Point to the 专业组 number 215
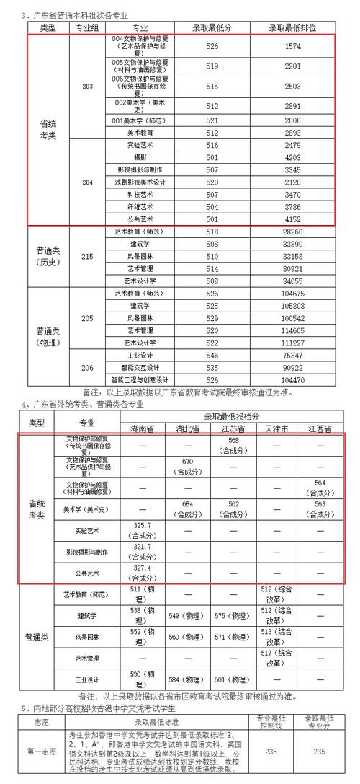coord(88,256)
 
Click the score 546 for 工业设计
coord(212,355)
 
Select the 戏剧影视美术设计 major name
coord(140,182)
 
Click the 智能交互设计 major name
coord(140,367)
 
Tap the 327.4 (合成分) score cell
coord(142,573)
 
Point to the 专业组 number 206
coord(88,367)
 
